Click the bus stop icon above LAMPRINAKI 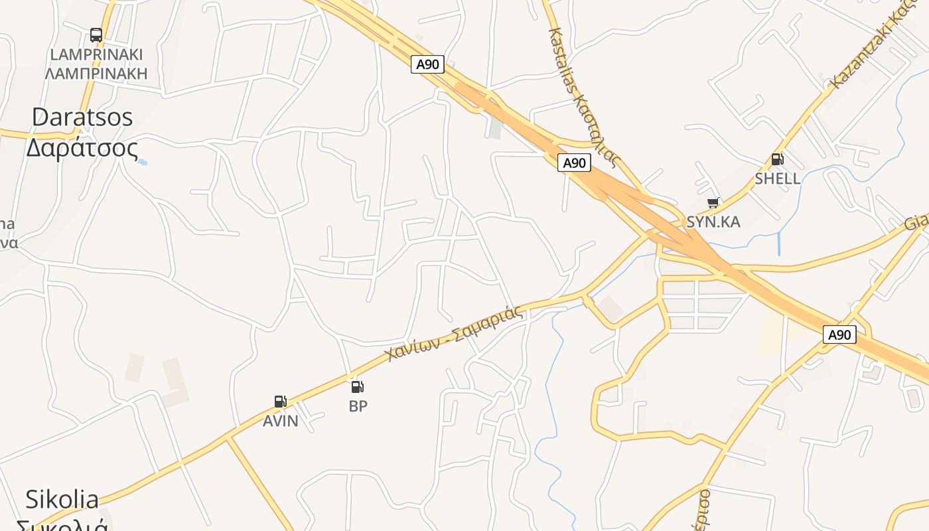coord(96,35)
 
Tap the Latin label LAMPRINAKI coord(96,54)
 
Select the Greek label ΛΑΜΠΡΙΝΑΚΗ coord(96,73)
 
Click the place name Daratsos coord(82,117)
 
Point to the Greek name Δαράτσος coord(82,147)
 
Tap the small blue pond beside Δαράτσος coord(142,161)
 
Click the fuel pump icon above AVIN coord(280,401)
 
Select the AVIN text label coord(280,421)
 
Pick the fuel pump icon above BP coord(357,386)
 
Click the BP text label coord(358,406)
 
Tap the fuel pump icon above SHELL coord(777,159)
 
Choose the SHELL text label coord(777,178)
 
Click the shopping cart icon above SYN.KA coord(713,202)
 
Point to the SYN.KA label coord(713,222)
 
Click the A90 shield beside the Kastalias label coord(574,163)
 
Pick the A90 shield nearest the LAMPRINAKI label coord(427,64)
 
